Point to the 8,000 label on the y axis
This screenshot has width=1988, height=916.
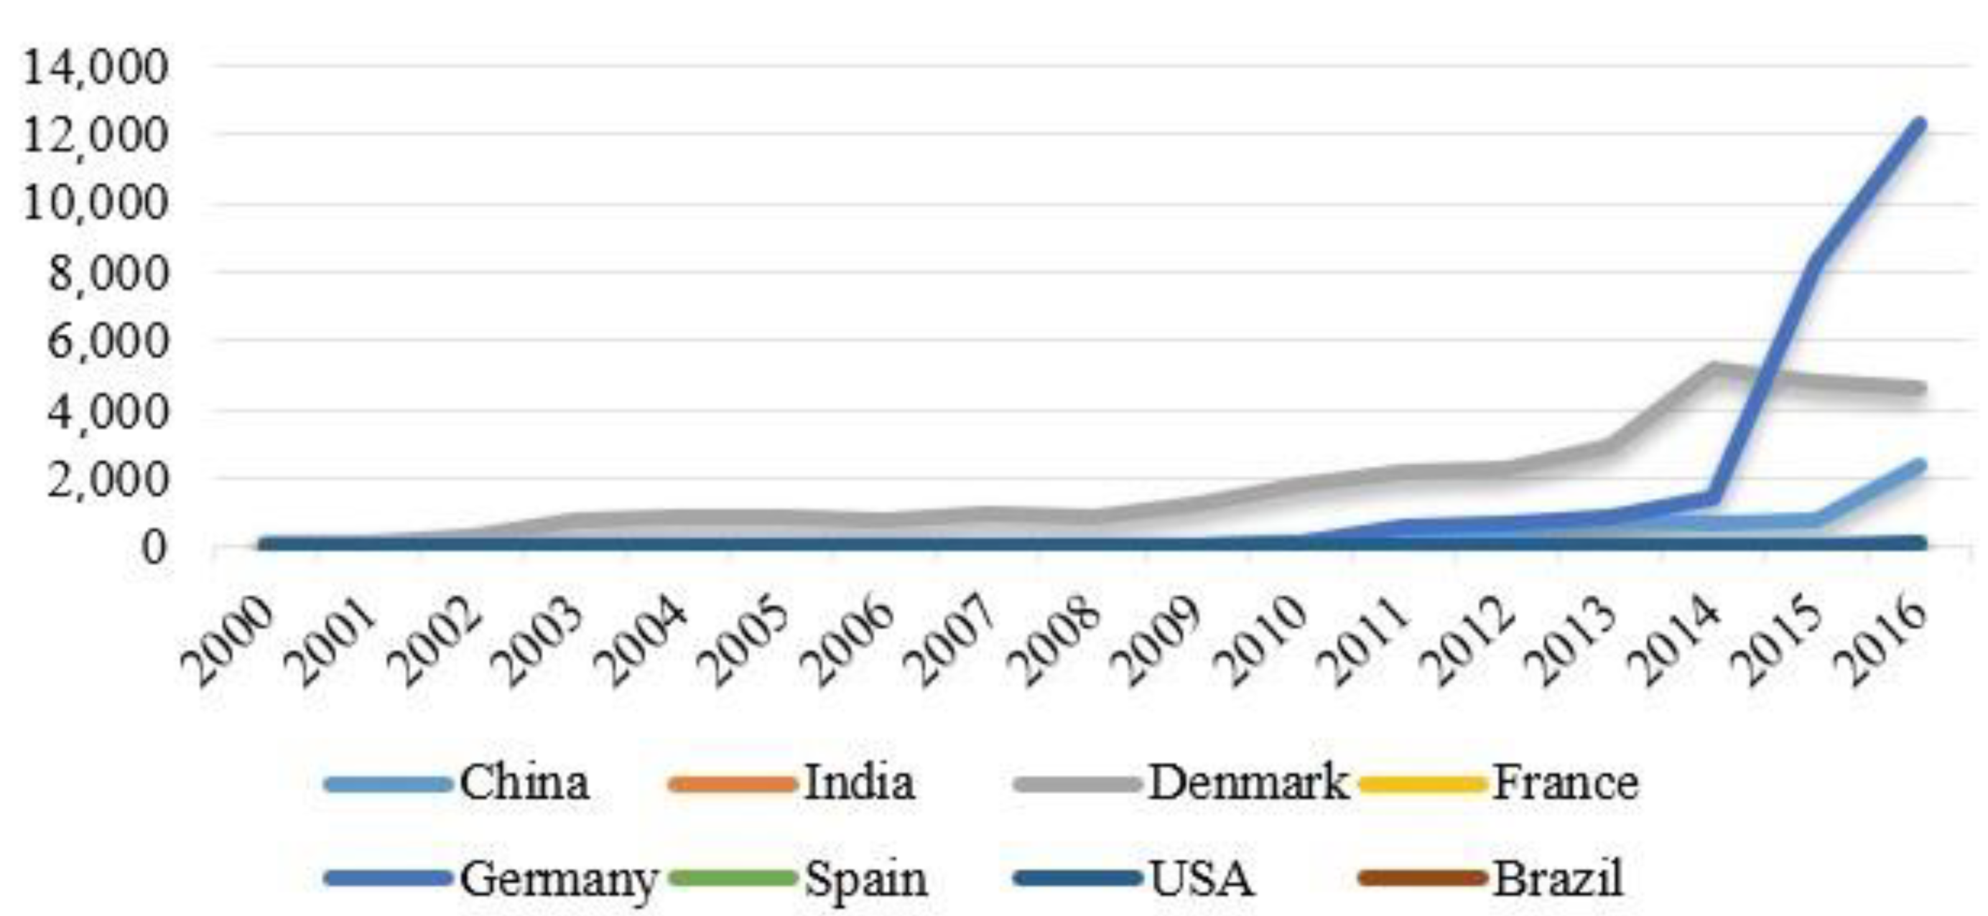click(x=108, y=274)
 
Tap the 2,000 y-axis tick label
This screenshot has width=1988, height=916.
click(x=108, y=480)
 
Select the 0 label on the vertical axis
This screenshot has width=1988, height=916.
click(x=154, y=548)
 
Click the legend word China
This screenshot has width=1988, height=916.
click(x=525, y=782)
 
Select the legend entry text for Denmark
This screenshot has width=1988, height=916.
click(x=1249, y=782)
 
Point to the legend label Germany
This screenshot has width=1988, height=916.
click(x=559, y=878)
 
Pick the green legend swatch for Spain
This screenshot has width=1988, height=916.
click(x=732, y=878)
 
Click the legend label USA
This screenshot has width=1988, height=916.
click(x=1202, y=878)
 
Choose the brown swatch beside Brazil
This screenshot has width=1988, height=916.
click(x=1421, y=878)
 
